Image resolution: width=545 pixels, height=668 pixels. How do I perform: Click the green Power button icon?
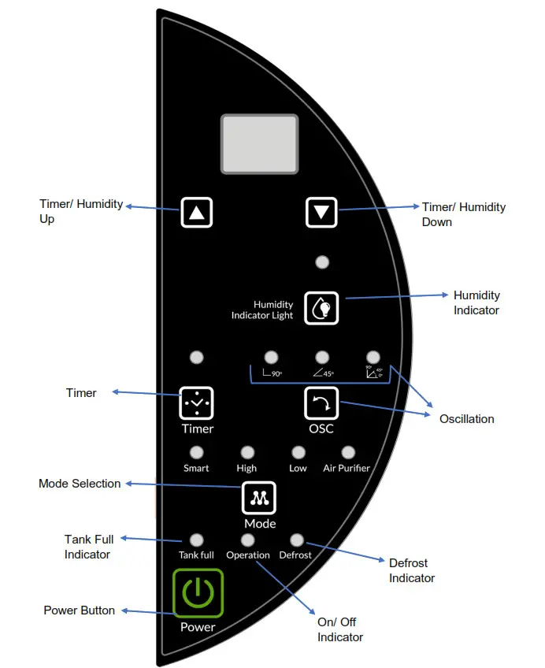tap(198, 592)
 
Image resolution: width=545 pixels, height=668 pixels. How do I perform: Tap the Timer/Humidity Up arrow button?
tap(197, 212)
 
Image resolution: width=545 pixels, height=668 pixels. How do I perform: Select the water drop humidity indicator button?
tap(321, 307)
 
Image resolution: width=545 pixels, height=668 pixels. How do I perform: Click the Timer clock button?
tap(197, 403)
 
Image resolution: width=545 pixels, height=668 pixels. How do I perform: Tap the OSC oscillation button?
tap(321, 403)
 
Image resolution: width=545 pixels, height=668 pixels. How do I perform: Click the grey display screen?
tap(259, 143)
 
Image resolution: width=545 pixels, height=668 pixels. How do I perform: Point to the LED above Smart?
tap(197, 452)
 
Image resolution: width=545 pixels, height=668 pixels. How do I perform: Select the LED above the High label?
tap(247, 452)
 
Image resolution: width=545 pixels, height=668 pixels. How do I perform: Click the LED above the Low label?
tap(298, 452)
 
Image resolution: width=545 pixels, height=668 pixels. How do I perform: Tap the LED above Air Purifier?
tap(347, 452)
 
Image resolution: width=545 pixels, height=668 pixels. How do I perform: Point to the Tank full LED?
tap(197, 540)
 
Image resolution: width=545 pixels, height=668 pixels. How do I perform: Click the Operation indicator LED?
tap(247, 540)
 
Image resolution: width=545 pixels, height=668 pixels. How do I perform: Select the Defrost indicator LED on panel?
tap(297, 540)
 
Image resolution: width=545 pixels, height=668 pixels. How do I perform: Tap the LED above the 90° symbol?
tap(271, 357)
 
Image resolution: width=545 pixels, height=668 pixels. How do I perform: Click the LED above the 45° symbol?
tap(321, 357)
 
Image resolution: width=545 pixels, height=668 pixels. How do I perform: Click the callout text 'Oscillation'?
tap(466, 419)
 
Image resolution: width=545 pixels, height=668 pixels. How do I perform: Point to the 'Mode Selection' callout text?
tap(80, 484)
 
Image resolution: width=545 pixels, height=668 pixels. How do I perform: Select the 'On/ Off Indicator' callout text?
tap(340, 629)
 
